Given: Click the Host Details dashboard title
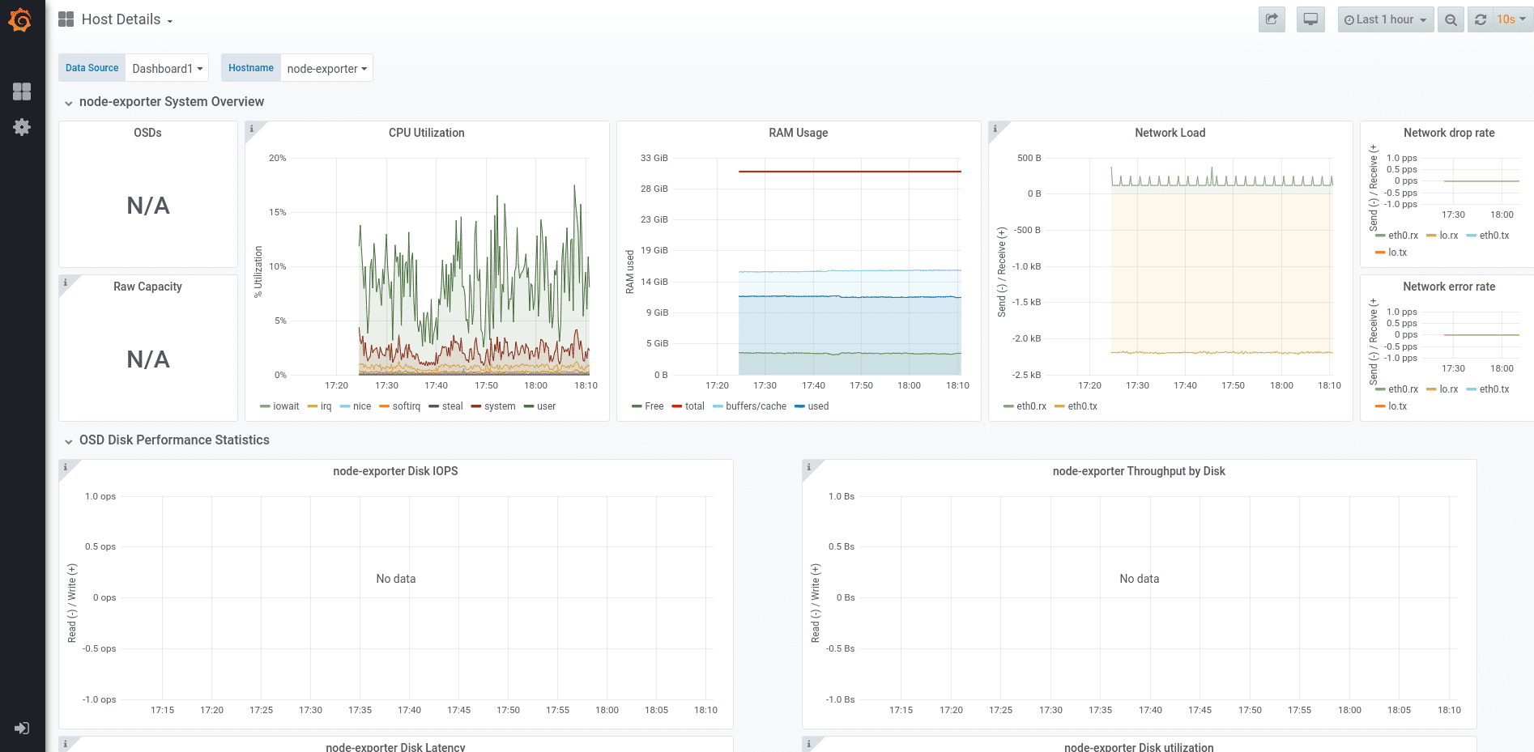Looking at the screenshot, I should pyautogui.click(x=121, y=19).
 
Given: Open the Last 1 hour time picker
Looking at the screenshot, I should pyautogui.click(x=1385, y=19).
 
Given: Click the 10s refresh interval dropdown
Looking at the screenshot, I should pyautogui.click(x=1510, y=19).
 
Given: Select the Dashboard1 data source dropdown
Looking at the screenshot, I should pyautogui.click(x=167, y=69).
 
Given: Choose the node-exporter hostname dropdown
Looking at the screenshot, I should pyautogui.click(x=326, y=69).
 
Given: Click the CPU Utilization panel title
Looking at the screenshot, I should pyautogui.click(x=426, y=133).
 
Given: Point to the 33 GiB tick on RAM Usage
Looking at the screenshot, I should pyautogui.click(x=654, y=158).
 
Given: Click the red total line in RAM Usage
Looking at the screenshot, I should pyautogui.click(x=850, y=172).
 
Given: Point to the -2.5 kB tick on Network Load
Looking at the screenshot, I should pyautogui.click(x=1026, y=375).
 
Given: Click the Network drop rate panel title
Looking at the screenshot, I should pyautogui.click(x=1448, y=133).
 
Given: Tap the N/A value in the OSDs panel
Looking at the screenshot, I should pyautogui.click(x=148, y=206).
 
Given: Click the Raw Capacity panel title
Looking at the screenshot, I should pyautogui.click(x=147, y=287).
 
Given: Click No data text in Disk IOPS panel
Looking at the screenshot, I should pyautogui.click(x=395, y=579).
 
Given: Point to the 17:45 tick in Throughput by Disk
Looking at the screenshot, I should pyautogui.click(x=1200, y=710).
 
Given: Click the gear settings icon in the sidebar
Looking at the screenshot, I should pyautogui.click(x=22, y=127).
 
